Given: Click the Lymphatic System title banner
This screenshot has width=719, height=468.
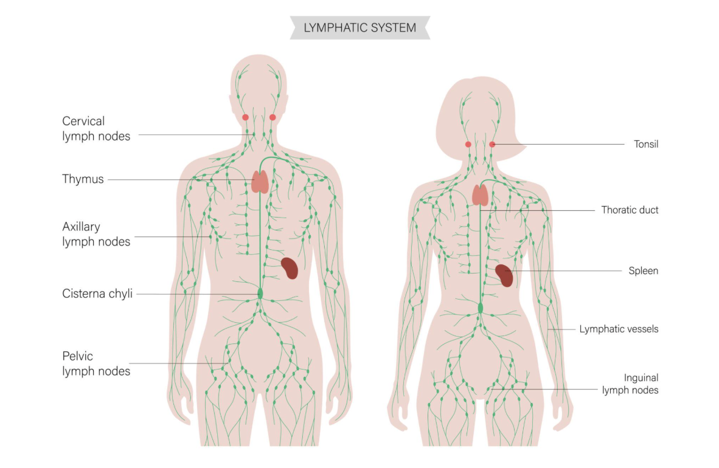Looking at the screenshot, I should coord(359,27).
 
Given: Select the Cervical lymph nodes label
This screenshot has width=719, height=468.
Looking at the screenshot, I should coord(96,129).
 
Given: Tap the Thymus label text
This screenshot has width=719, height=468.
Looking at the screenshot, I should coord(83,179).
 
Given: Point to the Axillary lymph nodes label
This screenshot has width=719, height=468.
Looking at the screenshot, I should coord(96,234).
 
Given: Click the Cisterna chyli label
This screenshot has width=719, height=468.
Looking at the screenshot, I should coord(97,294).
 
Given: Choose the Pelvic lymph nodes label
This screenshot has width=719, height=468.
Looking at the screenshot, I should coord(96,363).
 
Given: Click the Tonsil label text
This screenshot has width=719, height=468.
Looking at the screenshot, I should coord(645,144).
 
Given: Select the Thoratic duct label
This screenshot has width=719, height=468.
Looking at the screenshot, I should coord(630,210).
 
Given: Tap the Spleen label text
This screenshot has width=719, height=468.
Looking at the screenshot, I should coord(643,270).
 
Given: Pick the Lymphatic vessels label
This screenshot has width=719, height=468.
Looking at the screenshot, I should coord(619,329).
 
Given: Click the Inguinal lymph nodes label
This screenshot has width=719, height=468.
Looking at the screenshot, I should coord(630,384).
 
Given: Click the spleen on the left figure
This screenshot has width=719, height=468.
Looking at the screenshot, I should coord(290,268).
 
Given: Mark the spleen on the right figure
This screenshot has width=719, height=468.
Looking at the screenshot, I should coord(504,275).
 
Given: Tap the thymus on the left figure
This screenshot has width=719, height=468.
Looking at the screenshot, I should coord(260,182).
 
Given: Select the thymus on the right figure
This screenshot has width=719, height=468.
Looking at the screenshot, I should coord(481,194).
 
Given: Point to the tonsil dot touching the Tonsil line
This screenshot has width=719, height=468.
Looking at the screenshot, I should coord(492,144).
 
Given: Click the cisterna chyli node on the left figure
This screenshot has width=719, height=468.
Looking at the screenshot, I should coord(260,294).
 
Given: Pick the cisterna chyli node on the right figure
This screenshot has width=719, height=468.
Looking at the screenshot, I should coord(481,308).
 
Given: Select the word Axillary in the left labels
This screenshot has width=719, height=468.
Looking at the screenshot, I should coord(81,227).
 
